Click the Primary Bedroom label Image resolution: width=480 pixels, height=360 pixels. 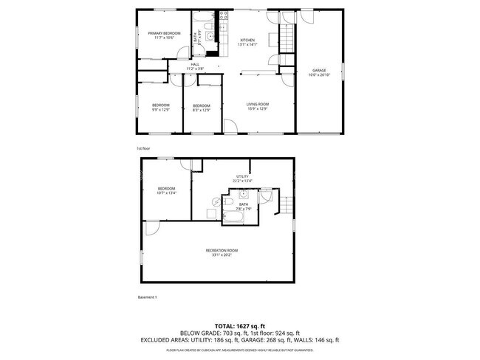coord(164,33)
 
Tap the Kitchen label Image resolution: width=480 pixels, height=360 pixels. coord(247,40)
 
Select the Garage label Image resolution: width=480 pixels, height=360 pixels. coord(319,71)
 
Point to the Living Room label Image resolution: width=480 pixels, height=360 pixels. coord(257,104)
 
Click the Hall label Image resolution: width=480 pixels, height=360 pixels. coord(195,65)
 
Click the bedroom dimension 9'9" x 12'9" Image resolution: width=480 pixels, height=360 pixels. coord(161,110)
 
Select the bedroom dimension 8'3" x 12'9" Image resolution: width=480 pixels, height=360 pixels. coord(202,110)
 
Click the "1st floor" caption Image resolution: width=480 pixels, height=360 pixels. coord(143,148)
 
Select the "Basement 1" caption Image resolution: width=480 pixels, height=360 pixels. coord(148,297)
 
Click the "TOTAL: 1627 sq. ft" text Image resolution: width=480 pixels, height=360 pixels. coord(240,325)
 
